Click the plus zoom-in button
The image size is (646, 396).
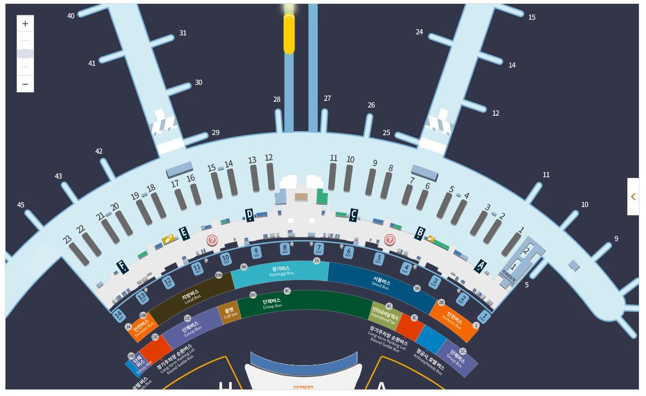pos(25,24)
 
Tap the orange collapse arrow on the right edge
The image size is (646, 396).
pos(633,197)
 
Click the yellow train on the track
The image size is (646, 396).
pos(289,33)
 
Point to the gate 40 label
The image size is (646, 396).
pos(71,16)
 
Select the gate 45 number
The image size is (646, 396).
pos(21,205)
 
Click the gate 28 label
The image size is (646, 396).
pos(277,100)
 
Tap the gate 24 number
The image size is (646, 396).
pos(420,32)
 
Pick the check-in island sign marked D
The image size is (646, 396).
pos(249,214)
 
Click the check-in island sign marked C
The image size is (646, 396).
pos(354,214)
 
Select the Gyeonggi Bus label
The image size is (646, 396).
pos(281,270)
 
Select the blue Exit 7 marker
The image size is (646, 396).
pos(318,249)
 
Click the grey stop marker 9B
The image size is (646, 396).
pos(244,267)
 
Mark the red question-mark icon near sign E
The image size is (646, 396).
pos(212,241)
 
